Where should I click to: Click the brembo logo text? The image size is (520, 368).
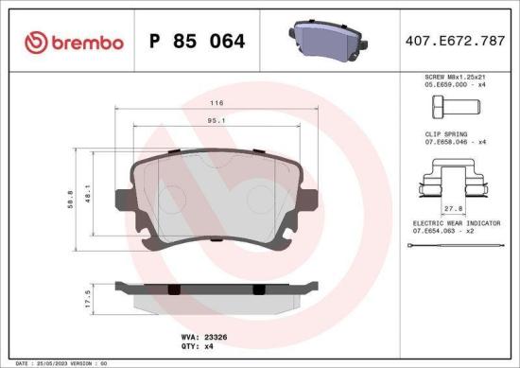coord(86,42)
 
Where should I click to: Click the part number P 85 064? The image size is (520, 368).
coord(199,42)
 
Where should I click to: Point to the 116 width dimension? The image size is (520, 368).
coord(217,101)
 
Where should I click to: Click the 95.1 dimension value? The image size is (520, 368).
coord(216,121)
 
